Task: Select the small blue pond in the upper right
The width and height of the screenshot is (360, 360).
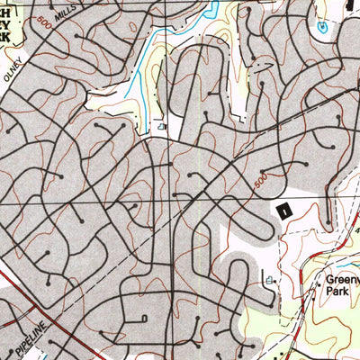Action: [322, 28]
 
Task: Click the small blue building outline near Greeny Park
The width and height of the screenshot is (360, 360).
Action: [269, 282]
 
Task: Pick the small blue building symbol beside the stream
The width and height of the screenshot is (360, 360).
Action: [161, 128]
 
